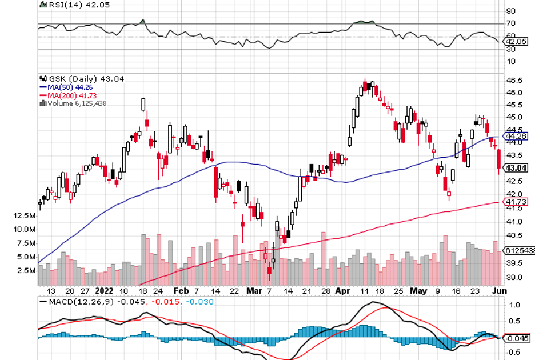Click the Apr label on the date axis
tap(342, 291)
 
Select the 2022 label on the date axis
tap(105, 291)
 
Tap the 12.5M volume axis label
tap(25, 215)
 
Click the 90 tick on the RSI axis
tap(510, 11)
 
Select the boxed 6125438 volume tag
tap(519, 250)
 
